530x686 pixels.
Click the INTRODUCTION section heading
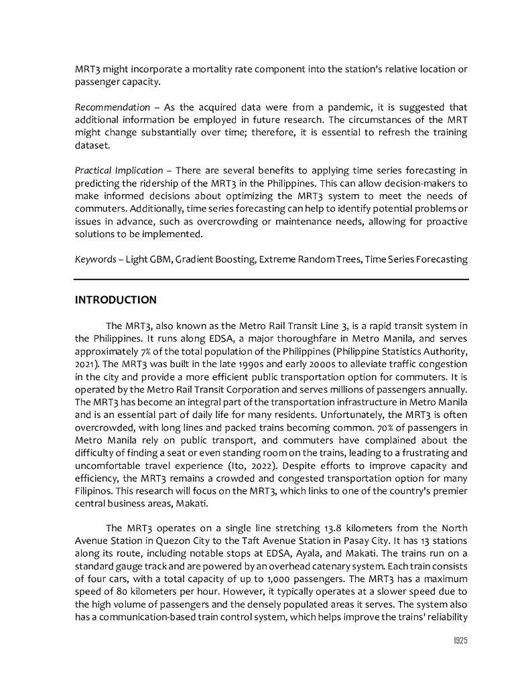(115, 299)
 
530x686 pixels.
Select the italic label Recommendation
(112, 107)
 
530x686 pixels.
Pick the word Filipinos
(95, 490)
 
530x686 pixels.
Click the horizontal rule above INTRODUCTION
(271, 279)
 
